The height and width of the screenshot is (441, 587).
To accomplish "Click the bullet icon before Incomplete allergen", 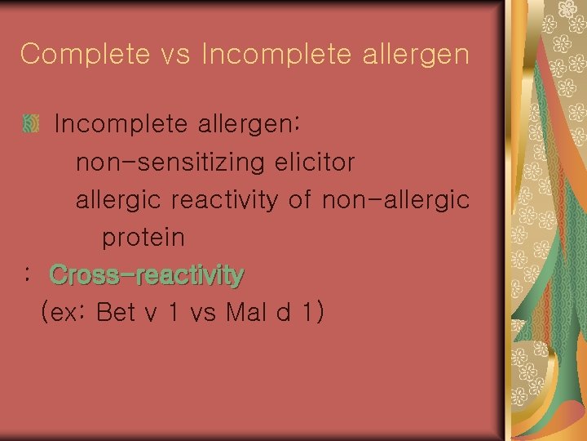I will click(x=31, y=124).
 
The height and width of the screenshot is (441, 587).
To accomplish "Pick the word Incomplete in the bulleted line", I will click(x=122, y=124).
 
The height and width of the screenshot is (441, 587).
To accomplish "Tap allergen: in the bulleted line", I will click(x=250, y=124).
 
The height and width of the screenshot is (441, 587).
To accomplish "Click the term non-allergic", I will click(x=395, y=200).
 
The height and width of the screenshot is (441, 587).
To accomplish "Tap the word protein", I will click(x=143, y=238).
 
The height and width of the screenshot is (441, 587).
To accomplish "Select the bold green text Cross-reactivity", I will click(x=147, y=275).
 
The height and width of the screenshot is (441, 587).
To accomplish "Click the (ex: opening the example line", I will click(x=64, y=313).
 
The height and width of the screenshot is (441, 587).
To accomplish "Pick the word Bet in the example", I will click(x=116, y=313).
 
